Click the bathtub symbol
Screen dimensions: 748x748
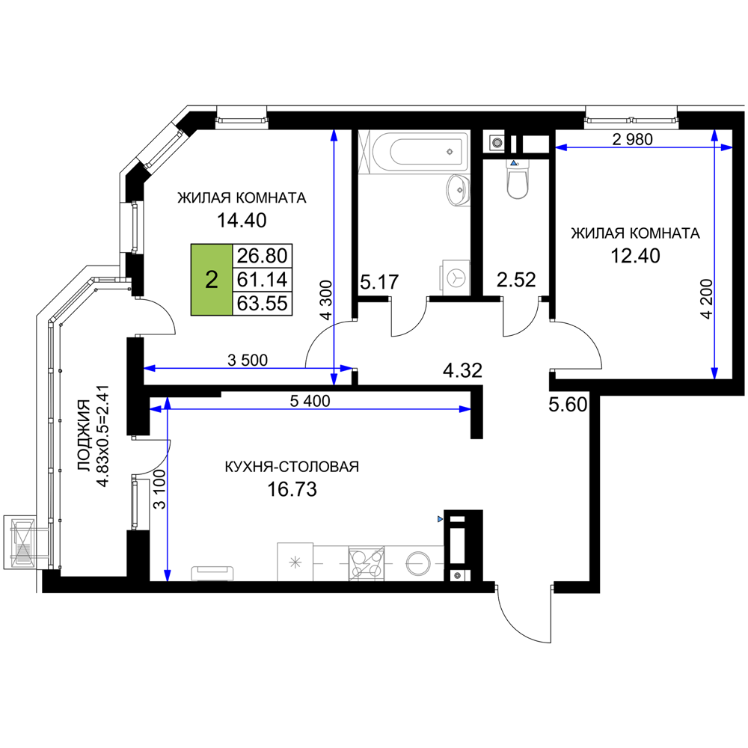414,153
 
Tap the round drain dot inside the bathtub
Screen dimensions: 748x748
450,151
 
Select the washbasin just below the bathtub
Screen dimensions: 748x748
457,190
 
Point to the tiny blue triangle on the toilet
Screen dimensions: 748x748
514,163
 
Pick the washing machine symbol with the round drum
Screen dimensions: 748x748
454,277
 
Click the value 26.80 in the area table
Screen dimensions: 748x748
262,256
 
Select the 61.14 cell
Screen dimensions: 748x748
262,280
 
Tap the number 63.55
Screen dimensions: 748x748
262,304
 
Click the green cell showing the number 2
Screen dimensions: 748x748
212,280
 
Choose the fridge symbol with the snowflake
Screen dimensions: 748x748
295,560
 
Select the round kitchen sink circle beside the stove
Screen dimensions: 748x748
417,562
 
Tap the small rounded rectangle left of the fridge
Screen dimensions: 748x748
213,572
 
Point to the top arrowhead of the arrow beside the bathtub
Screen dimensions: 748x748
334,135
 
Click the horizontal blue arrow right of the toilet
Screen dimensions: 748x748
636,147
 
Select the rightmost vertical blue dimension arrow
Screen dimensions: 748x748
714,254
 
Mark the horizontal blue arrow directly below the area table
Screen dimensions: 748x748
247,368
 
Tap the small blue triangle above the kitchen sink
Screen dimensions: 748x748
440,518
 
